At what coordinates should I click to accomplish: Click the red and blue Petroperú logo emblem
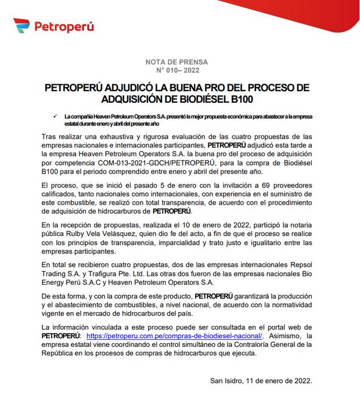[x=21, y=26]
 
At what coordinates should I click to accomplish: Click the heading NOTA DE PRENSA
[x=180, y=62]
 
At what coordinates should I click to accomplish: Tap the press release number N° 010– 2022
[x=180, y=70]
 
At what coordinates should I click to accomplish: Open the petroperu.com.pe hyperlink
[x=173, y=336]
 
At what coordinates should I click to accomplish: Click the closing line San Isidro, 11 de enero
[x=261, y=381]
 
